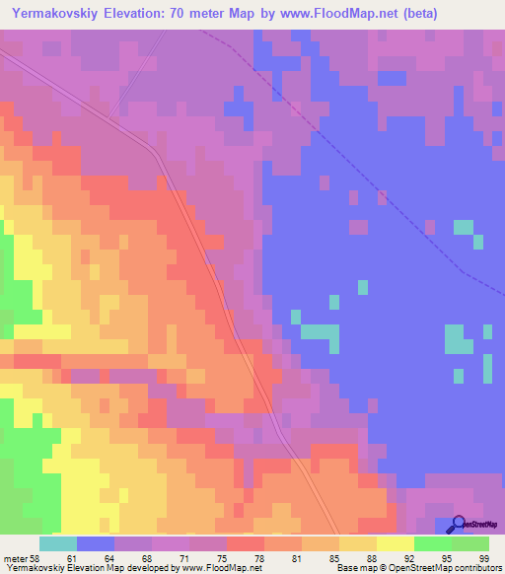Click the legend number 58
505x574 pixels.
[x=36, y=559]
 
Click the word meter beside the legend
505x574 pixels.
[x=15, y=559]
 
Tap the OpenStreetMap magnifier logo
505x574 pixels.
[x=458, y=525]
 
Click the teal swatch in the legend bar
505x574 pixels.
[x=58, y=543]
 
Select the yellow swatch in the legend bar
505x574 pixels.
[x=396, y=543]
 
